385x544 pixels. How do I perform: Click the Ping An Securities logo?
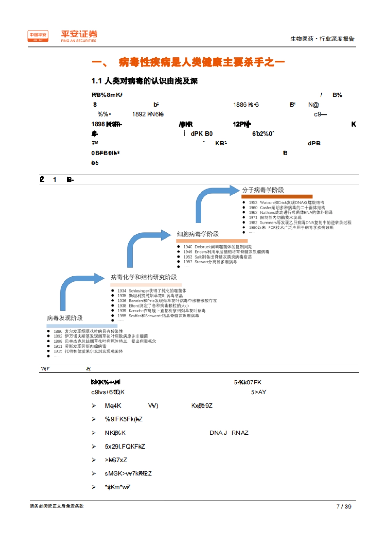pos(62,36)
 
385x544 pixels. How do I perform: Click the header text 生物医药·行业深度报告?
pos(322,39)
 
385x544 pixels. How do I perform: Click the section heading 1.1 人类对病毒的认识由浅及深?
pos(144,81)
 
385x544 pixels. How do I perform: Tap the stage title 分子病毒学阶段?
pos(263,190)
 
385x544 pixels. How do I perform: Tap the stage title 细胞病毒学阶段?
pos(198,234)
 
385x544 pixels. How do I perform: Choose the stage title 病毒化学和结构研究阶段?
pos(144,277)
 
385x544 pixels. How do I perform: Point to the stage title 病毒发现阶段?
pos(65,318)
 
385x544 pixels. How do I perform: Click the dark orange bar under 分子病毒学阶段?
pos(277,196)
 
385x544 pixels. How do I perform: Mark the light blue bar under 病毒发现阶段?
pos(77,326)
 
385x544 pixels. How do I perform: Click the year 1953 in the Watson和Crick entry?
pos(253,203)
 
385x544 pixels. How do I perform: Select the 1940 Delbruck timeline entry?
pos(218,247)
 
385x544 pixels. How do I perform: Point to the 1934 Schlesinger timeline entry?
pos(152,291)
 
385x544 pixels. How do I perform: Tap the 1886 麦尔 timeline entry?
pos(88,331)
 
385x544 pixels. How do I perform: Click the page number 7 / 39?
pos(344,507)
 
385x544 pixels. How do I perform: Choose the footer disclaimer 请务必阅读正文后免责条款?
pos(57,506)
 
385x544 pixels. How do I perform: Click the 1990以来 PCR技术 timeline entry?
pos(291,227)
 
